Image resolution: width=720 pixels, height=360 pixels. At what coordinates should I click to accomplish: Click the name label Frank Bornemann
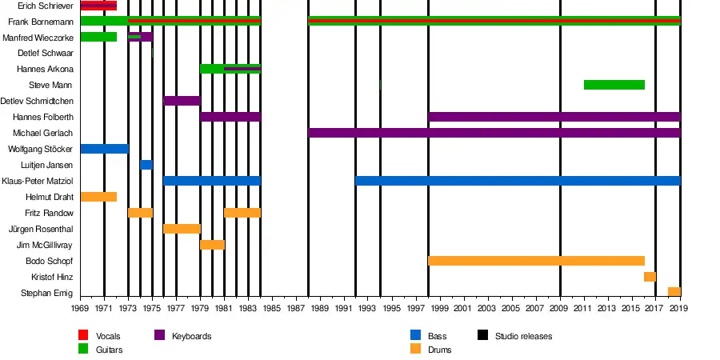click(x=40, y=22)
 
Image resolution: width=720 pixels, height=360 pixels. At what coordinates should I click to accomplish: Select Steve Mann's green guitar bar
click(x=614, y=85)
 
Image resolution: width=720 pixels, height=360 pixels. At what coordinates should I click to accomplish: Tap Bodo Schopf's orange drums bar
click(x=536, y=261)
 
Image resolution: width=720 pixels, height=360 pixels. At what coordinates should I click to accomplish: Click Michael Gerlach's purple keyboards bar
click(x=494, y=133)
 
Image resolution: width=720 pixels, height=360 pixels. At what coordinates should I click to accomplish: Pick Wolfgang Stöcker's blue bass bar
click(x=104, y=149)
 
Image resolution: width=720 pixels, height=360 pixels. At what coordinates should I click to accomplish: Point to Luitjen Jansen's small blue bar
click(x=146, y=165)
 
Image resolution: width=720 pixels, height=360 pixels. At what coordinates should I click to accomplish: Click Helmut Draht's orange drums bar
click(x=98, y=197)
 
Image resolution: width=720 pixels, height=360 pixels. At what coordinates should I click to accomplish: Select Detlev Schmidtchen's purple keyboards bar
click(x=182, y=101)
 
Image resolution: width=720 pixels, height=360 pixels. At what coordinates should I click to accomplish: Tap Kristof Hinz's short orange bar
click(x=650, y=277)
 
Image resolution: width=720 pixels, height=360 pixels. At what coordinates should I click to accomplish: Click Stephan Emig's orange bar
click(x=674, y=292)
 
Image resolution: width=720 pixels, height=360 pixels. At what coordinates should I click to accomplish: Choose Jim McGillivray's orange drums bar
click(x=212, y=245)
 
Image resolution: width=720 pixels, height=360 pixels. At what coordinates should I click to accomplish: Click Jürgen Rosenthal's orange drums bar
click(x=182, y=229)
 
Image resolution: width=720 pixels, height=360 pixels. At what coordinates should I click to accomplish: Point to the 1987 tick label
click(x=296, y=308)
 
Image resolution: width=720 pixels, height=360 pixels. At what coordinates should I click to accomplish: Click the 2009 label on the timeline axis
click(x=560, y=308)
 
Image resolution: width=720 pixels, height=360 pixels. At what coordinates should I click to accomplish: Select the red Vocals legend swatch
click(x=83, y=336)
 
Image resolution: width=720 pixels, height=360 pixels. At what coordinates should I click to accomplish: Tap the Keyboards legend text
click(x=191, y=336)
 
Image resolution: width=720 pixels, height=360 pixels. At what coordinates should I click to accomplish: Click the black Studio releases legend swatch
click(x=482, y=336)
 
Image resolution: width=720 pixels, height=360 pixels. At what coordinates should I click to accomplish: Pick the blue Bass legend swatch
click(x=415, y=336)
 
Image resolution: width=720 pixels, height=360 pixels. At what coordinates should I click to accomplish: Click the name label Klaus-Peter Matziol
click(x=38, y=182)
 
